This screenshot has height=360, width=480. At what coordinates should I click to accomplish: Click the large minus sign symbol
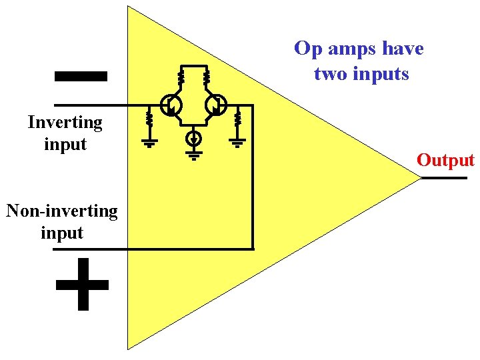(80, 76)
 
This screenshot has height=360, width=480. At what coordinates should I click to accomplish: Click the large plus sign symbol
(82, 285)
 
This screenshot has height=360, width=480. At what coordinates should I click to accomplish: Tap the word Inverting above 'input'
(65, 123)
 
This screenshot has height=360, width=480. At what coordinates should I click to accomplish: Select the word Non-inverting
(62, 211)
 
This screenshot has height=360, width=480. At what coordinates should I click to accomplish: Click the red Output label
(445, 160)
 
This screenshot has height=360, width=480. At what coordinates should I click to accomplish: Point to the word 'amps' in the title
(352, 49)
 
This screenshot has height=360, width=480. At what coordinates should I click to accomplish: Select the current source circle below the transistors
(193, 139)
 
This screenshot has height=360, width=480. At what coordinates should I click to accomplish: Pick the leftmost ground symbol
(149, 141)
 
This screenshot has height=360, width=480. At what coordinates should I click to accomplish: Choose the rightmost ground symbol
(238, 141)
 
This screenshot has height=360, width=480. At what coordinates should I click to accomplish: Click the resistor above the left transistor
(181, 77)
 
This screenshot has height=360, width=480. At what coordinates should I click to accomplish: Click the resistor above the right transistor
(207, 77)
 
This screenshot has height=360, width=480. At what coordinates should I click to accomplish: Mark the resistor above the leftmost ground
(149, 120)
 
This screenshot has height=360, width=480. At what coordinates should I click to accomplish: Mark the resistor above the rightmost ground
(238, 120)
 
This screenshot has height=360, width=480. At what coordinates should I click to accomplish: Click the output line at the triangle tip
(443, 179)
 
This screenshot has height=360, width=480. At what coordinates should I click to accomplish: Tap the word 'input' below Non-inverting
(62, 233)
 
